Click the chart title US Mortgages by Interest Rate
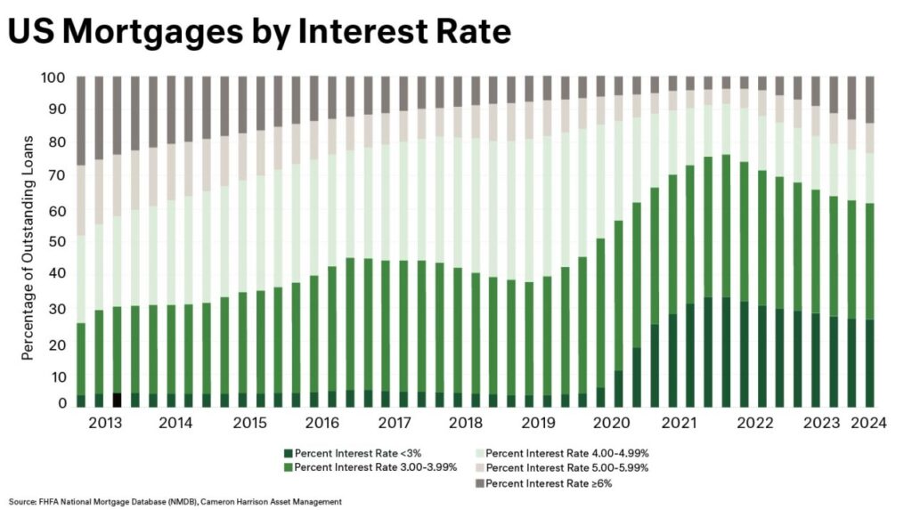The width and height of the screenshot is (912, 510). click(259, 32)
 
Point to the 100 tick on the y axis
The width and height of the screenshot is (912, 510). click(53, 77)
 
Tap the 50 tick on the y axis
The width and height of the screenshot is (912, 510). click(55, 242)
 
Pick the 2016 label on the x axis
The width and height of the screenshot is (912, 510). click(322, 424)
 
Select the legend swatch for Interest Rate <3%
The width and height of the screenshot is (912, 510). click(287, 454)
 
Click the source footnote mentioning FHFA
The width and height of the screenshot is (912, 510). click(175, 501)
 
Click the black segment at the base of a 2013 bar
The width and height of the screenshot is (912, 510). click(117, 400)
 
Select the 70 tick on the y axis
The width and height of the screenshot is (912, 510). click(55, 176)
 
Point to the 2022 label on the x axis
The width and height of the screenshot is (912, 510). click(753, 424)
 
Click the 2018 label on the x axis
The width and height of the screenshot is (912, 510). click(467, 424)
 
